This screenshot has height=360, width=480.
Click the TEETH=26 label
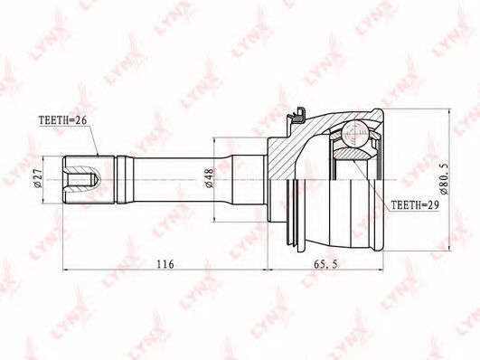[x=62, y=120]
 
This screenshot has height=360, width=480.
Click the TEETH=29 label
[x=415, y=205]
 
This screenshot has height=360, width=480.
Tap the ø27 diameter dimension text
[x=38, y=179]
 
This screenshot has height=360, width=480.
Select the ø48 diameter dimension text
[x=209, y=179]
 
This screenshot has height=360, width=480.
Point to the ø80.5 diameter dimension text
[x=444, y=179]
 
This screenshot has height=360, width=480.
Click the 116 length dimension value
[x=165, y=264]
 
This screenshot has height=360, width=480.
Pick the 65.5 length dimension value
[x=325, y=264]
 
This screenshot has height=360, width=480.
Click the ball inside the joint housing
[x=354, y=134]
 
